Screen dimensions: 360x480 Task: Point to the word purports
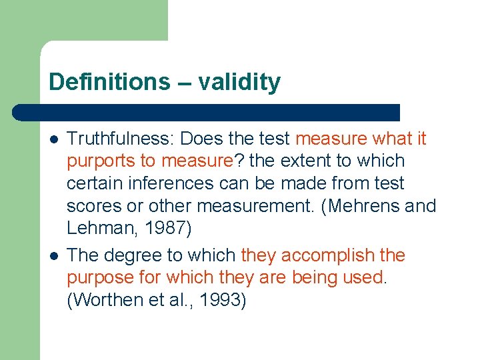coord(97,161)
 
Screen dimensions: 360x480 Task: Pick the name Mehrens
coord(364,206)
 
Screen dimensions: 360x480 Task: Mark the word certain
coord(92,183)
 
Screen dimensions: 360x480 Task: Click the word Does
coord(201,139)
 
